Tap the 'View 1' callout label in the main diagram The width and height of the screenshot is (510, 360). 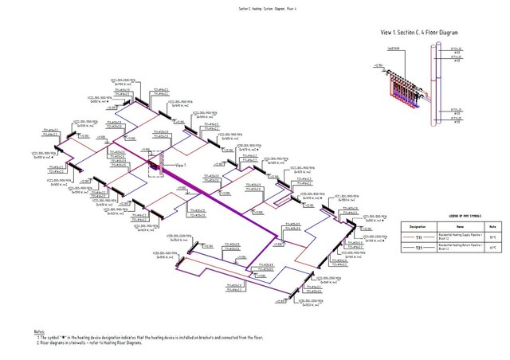179,163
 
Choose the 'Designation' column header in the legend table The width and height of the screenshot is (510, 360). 418,226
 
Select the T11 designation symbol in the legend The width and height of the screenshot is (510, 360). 418,237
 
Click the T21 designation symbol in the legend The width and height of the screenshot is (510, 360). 418,248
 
